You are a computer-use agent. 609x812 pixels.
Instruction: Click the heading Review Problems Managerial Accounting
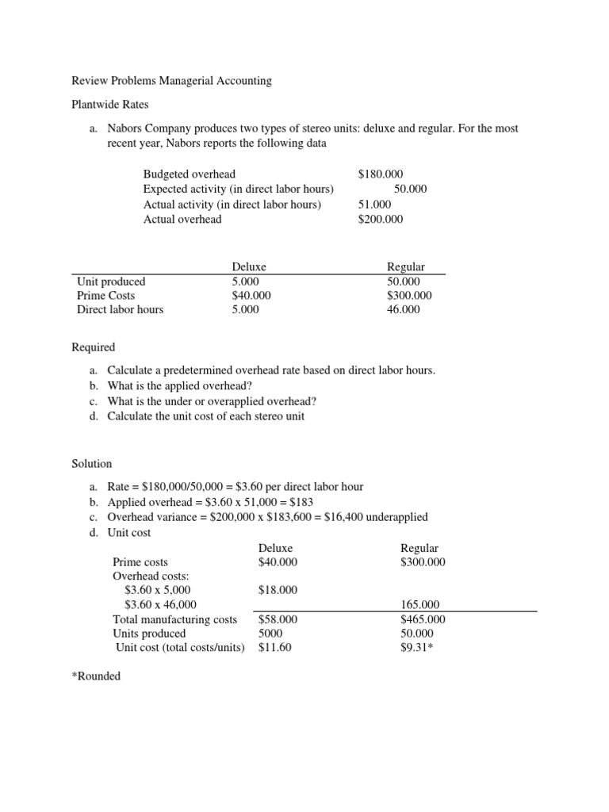171,80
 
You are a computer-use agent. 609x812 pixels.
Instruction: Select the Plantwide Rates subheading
110,104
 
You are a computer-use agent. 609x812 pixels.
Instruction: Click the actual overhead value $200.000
381,219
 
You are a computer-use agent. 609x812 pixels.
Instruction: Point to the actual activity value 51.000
375,204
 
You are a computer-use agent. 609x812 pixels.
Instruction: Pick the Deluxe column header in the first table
249,266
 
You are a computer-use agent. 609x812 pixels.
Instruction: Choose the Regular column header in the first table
405,266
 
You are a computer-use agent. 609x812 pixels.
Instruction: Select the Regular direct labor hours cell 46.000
404,309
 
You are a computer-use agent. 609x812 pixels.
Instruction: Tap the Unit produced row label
111,281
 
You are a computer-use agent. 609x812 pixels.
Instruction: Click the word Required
94,347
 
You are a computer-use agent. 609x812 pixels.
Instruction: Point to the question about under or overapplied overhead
212,400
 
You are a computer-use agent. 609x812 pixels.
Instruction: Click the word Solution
92,463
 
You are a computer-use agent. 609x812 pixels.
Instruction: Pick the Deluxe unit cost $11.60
274,648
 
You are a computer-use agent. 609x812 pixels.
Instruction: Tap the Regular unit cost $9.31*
418,648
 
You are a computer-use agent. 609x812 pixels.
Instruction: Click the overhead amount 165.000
420,604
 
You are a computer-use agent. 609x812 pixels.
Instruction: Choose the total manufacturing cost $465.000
423,619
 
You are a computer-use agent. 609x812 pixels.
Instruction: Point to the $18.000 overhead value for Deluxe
278,590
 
